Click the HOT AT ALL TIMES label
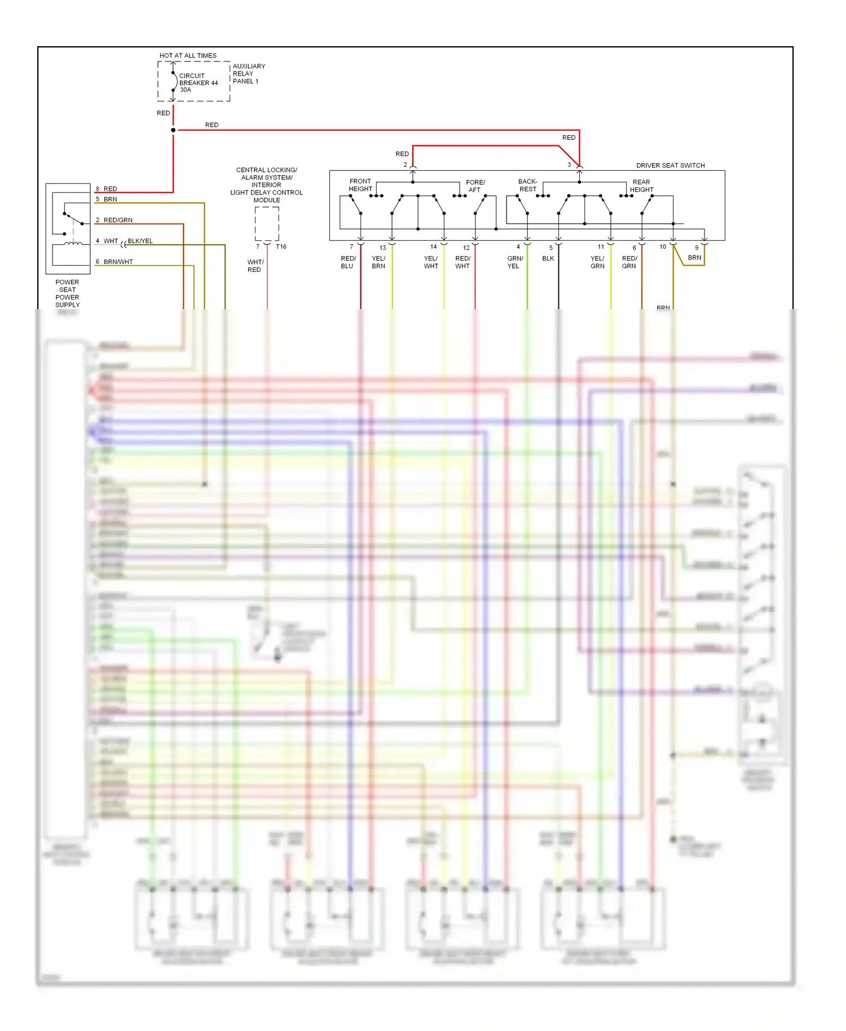click(x=188, y=55)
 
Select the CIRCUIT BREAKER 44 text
click(x=198, y=82)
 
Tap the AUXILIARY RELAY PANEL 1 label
click(x=248, y=73)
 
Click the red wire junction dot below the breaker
click(x=173, y=130)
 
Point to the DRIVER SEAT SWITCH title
click(x=670, y=165)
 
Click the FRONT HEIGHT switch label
click(x=360, y=185)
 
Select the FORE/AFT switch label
click(x=475, y=186)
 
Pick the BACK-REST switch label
click(x=527, y=186)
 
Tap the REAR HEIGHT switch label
click(x=641, y=186)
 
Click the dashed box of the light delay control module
click(x=267, y=223)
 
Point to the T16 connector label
click(x=281, y=246)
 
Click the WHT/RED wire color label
click(x=255, y=266)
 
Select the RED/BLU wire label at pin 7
click(x=347, y=262)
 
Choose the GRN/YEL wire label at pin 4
click(x=514, y=262)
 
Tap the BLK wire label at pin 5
click(x=548, y=258)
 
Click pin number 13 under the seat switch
click(x=382, y=248)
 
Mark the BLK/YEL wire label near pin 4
click(x=140, y=241)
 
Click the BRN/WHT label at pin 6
click(x=118, y=262)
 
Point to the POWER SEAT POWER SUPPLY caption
click(x=67, y=293)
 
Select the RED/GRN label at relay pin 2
click(x=118, y=220)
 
